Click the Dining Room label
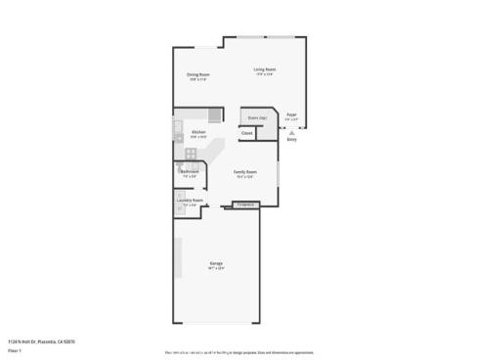point(198,74)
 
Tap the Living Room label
point(264,68)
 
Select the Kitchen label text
point(198,132)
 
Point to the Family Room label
point(244,170)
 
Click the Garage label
point(216,263)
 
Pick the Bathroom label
point(190,171)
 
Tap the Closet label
point(247,133)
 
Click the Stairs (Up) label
point(258,117)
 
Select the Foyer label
point(291,114)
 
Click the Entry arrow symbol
point(291,132)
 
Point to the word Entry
point(291,139)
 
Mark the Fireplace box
point(246,204)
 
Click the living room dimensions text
point(264,73)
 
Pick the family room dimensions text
point(244,175)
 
